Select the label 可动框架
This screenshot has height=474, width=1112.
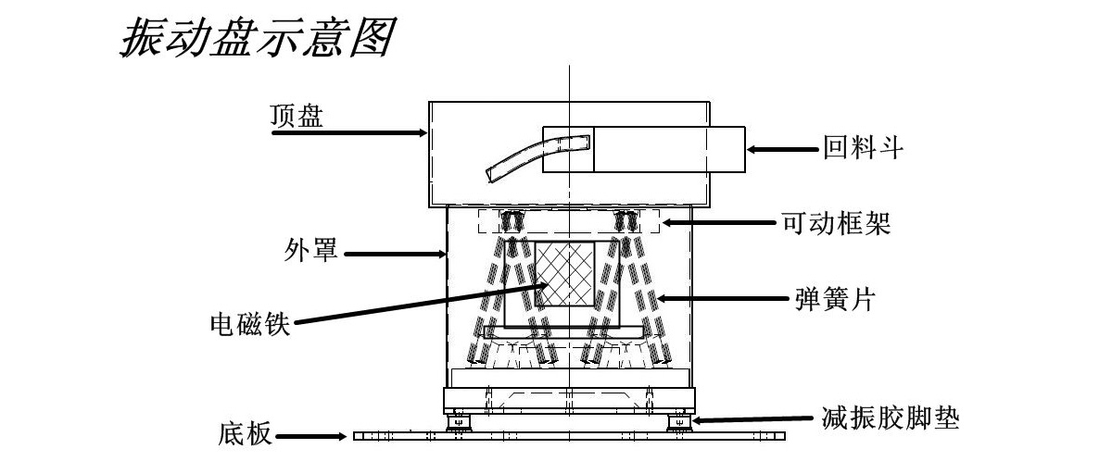[837, 223]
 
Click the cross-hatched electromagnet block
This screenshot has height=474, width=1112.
[564, 275]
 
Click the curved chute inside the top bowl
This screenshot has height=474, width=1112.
[537, 155]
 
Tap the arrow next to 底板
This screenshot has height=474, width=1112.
[314, 435]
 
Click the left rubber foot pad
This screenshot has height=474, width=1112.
[460, 423]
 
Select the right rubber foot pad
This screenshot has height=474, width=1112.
[678, 423]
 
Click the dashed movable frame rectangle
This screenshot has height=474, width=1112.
[567, 221]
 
